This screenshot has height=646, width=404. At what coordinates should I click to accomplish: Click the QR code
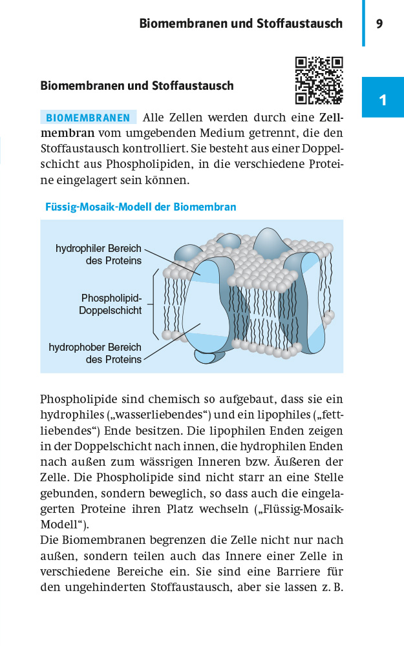coord(319,81)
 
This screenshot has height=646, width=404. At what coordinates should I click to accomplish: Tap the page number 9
coord(379,24)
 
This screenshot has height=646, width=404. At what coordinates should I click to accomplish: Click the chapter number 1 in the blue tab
coord(383,100)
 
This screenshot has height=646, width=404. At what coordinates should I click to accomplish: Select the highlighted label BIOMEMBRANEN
coord(89,118)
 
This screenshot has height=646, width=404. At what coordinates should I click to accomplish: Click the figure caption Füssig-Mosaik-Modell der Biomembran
coord(141,207)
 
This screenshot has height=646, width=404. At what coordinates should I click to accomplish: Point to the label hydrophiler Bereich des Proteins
coord(98,255)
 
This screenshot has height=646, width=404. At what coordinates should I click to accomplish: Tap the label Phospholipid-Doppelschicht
coord(111,304)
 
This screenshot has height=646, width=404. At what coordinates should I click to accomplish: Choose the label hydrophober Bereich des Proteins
coord(95,353)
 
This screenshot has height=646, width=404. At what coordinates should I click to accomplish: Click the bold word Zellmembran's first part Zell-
coord(332,118)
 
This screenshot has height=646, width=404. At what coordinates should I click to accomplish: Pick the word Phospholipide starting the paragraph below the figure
coord(75,400)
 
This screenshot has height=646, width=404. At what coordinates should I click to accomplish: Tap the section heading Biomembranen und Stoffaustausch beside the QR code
coord(136,85)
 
